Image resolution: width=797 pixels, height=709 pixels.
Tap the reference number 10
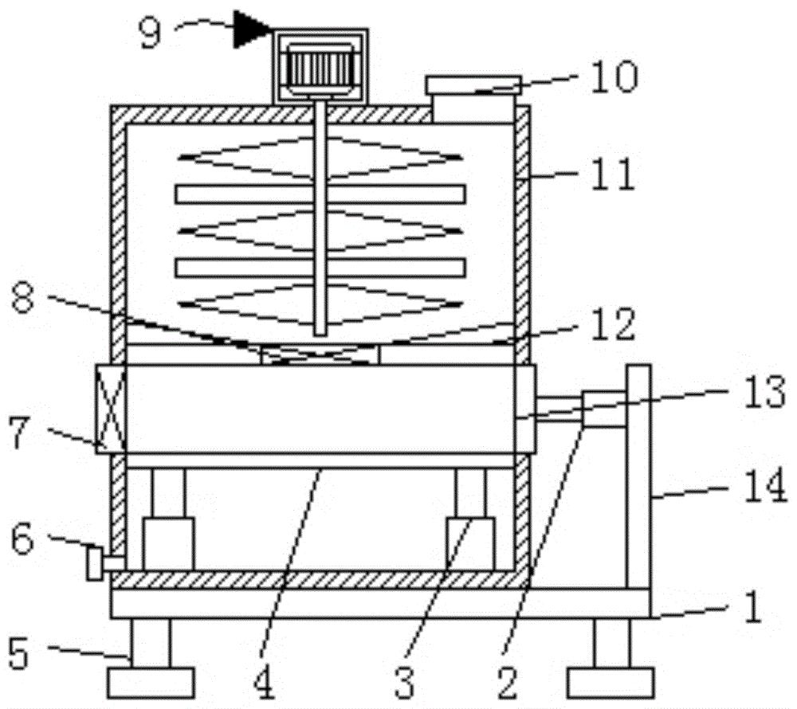[614, 76]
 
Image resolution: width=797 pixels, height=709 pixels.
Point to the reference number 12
[614, 324]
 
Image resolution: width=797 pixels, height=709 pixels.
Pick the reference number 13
[764, 392]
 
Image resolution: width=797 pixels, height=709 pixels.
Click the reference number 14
[765, 487]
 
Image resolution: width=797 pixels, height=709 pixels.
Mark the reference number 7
[21, 435]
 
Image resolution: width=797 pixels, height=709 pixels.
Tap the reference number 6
[23, 539]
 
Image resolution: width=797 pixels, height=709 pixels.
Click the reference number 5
[19, 654]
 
